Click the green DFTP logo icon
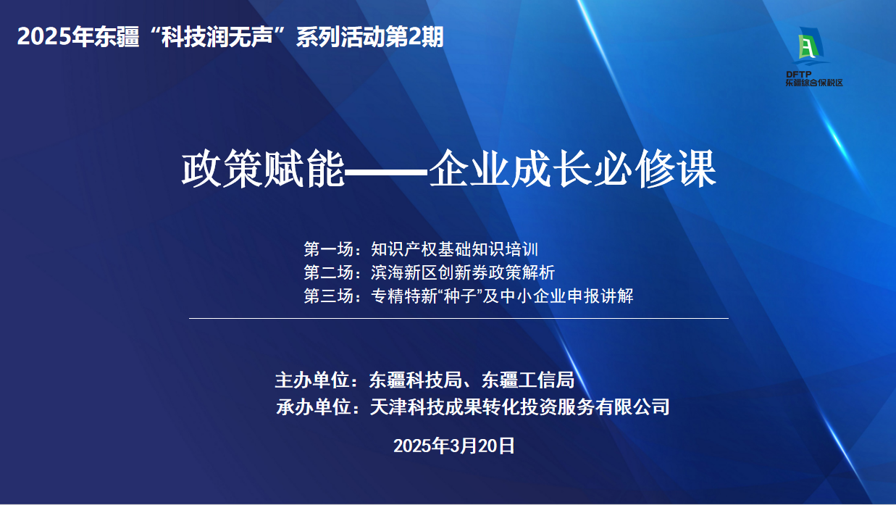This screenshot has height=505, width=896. click(811, 46)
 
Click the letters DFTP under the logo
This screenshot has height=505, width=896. click(799, 75)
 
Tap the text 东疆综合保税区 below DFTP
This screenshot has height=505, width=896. click(814, 83)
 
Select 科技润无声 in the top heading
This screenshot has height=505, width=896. click(217, 37)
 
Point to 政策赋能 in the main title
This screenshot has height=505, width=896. click(263, 169)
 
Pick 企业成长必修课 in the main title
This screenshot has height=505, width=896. click(572, 169)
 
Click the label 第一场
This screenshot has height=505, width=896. click(328, 249)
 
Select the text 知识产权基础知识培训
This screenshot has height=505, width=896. click(454, 249)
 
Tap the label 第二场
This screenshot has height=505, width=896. click(328, 272)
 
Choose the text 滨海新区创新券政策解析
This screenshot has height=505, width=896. click(463, 272)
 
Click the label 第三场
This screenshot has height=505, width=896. click(328, 296)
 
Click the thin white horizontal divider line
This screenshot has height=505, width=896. click(459, 319)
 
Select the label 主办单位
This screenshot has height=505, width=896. click(312, 380)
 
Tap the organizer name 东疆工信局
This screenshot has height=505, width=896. click(528, 380)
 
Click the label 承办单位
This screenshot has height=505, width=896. click(313, 407)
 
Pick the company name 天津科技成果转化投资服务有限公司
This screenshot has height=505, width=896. click(519, 407)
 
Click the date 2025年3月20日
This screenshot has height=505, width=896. click(454, 446)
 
